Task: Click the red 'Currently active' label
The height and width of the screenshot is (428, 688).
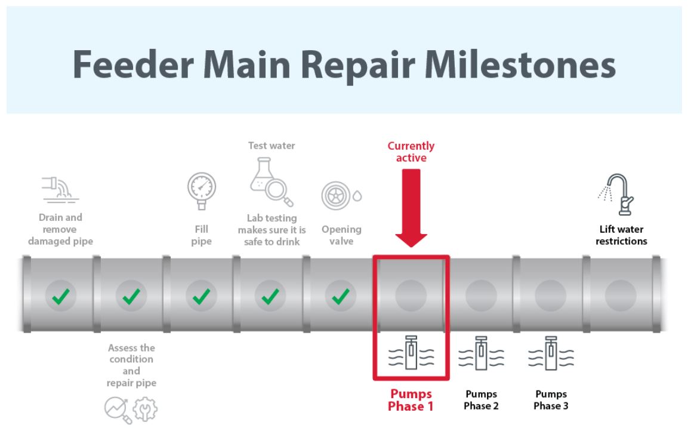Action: pos(411,152)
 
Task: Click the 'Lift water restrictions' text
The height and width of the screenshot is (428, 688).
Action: pos(621,235)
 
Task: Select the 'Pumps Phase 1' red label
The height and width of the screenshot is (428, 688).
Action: pos(411,401)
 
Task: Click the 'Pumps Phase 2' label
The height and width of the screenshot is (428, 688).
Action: pos(481,401)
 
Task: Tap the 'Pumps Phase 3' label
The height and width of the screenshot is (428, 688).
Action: pos(551,401)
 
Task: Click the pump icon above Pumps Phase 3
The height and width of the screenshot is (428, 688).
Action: pos(551,355)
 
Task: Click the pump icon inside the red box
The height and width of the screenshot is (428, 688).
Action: pos(411,355)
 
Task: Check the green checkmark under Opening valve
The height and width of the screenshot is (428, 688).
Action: pos(341,295)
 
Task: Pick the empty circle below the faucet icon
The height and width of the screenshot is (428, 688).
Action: pos(621,295)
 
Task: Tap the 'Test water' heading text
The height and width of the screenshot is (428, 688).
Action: pos(272,146)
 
